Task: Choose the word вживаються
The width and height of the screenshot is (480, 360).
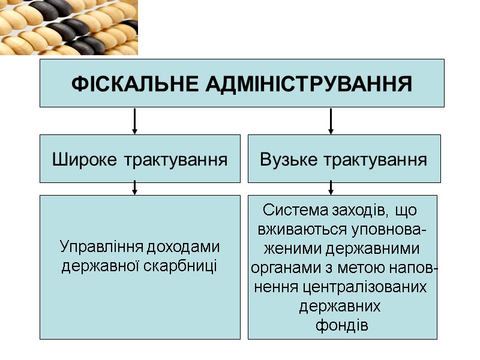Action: coord(295,230)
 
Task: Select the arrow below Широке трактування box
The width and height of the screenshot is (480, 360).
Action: coord(135,188)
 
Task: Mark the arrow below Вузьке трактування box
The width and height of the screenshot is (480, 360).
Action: coord(331,188)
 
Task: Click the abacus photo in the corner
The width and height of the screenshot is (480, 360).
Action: coord(68,27)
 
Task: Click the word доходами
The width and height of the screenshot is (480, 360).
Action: coord(189,247)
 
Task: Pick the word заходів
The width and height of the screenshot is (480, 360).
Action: coord(355,211)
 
